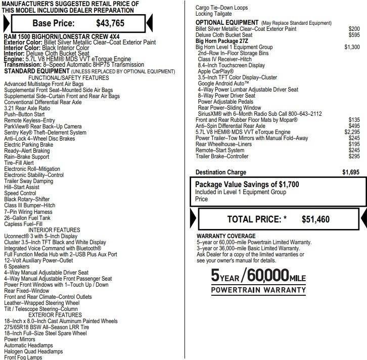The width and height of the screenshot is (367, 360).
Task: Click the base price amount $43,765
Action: [x=110, y=23]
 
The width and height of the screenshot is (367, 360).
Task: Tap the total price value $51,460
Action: [x=315, y=219]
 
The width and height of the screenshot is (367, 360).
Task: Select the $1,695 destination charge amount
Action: [x=351, y=172]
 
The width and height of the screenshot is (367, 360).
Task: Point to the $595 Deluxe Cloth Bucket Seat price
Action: [x=354, y=35]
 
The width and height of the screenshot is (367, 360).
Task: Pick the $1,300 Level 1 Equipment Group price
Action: [x=352, y=47]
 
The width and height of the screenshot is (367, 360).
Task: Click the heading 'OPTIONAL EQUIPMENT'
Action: [x=227, y=23]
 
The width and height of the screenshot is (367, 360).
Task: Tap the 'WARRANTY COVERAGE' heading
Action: [x=226, y=236]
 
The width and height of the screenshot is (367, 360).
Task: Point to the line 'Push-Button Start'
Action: [x=24, y=114]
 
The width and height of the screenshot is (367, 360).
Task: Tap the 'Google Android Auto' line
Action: [x=223, y=83]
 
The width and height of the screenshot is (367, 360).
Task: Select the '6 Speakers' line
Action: [x=17, y=266]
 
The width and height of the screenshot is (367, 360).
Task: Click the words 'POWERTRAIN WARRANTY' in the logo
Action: [x=258, y=290]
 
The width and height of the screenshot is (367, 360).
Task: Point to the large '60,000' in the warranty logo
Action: [x=266, y=276]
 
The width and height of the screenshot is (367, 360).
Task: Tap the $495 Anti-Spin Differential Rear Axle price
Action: [x=354, y=126]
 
